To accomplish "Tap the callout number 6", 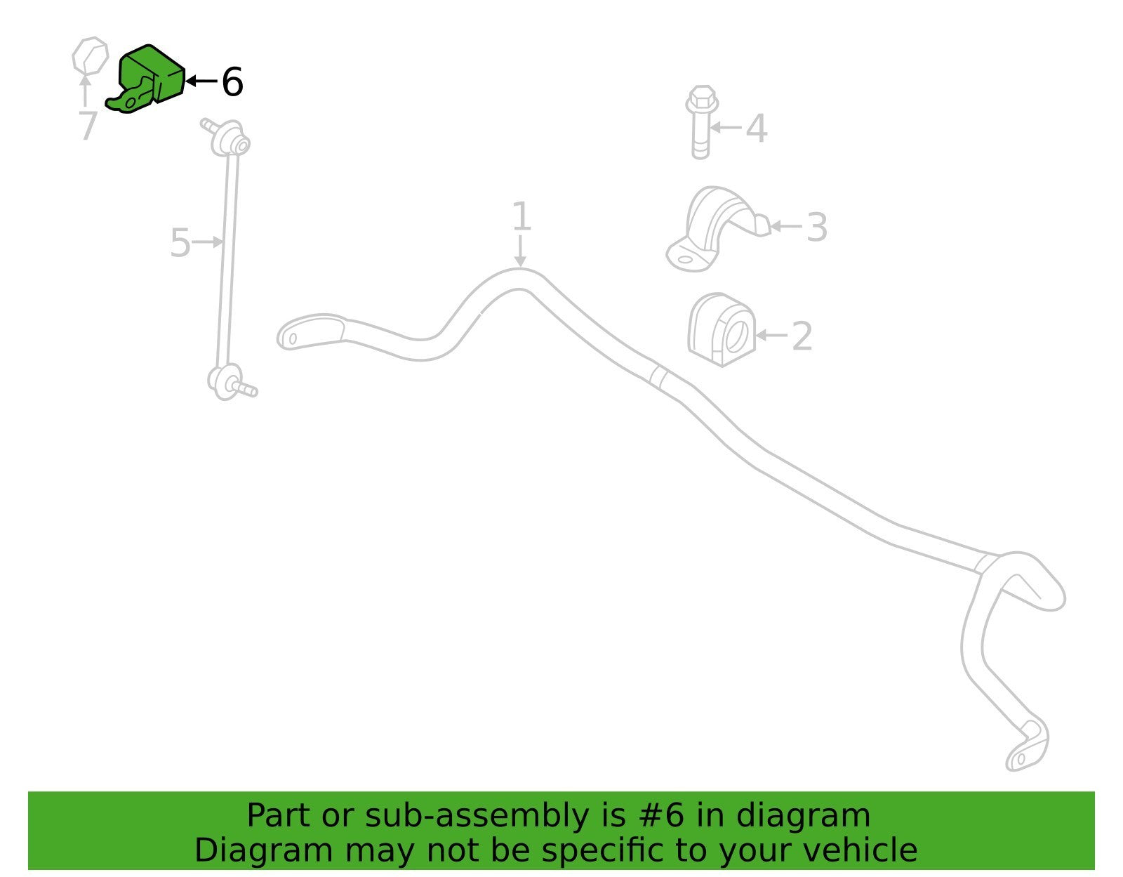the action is click(232, 81).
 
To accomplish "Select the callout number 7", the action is click(88, 125).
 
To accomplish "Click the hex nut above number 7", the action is click(90, 55).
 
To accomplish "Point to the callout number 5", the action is click(180, 243).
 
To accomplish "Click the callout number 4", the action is click(757, 128).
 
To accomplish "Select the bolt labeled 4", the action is click(700, 122).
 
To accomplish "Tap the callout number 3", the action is click(817, 227).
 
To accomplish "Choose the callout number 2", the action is click(802, 336).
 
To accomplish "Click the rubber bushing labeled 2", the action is click(722, 329).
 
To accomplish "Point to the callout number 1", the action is click(521, 216).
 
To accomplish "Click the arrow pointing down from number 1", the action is click(520, 251).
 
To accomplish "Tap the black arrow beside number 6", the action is click(201, 81).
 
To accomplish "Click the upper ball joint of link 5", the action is click(230, 138).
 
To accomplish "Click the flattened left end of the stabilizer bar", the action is click(310, 332).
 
